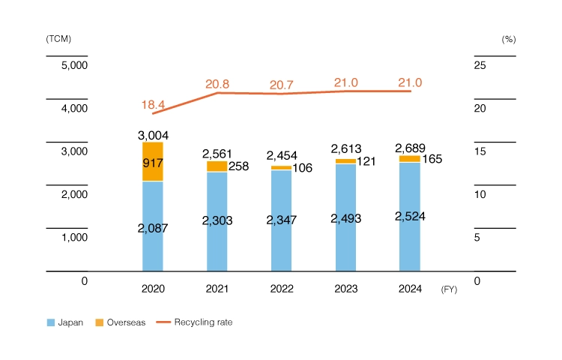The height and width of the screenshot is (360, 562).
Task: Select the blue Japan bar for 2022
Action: coord(281,225)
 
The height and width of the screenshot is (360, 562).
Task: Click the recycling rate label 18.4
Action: coord(153,104)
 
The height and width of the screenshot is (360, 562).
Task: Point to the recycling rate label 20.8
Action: coord(217,85)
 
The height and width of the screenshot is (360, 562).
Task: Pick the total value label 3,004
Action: coord(153,135)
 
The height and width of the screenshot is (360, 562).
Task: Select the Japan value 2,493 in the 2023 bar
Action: coord(345,218)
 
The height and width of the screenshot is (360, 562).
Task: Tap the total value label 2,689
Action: coord(409,148)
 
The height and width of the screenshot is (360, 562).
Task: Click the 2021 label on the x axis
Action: coord(217,289)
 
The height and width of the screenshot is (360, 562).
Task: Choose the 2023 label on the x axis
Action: coord(345,289)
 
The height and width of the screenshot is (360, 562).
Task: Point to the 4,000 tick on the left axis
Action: coord(74,109)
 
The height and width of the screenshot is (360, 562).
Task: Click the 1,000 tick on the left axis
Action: coord(74,238)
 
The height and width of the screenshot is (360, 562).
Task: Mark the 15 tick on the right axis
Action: coord(480,151)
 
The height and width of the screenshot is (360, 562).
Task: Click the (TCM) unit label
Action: coord(58,38)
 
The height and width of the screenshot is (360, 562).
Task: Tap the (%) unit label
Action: coord(509,38)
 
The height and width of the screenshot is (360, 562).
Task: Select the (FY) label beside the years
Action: coord(448,289)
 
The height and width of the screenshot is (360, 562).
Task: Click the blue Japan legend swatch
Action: coord(51,322)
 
